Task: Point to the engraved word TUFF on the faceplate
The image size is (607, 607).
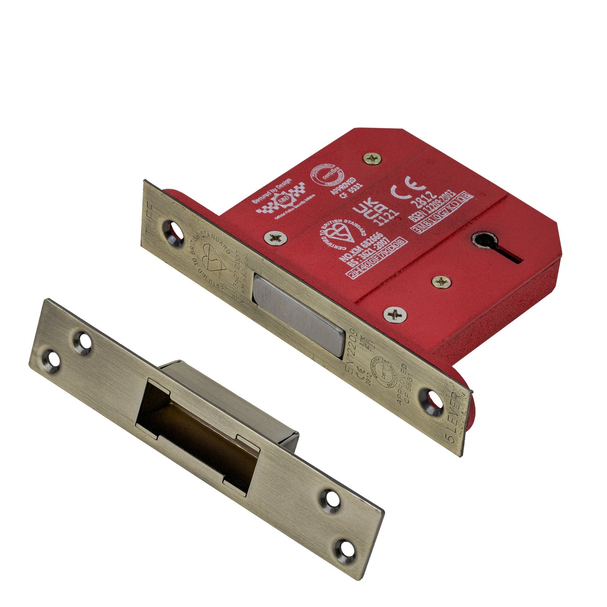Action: pyautogui.click(x=151, y=216)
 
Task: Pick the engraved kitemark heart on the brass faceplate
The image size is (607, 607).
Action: pyautogui.click(x=215, y=258)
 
